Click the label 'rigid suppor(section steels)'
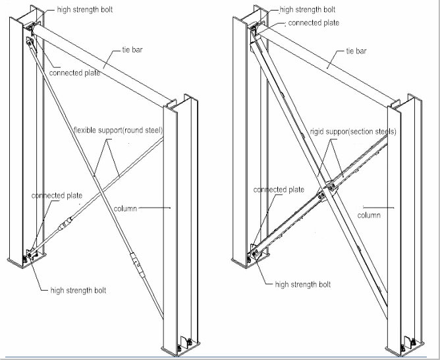(x=353, y=131)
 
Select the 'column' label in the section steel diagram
(x=368, y=216)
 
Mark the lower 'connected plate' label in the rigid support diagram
(x=279, y=190)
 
